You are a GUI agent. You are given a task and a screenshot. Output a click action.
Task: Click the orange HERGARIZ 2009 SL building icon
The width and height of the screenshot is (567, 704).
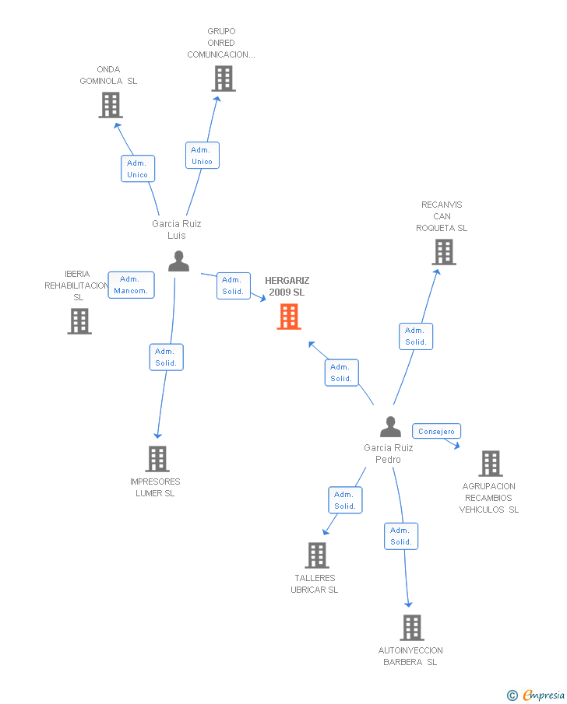click(x=289, y=317)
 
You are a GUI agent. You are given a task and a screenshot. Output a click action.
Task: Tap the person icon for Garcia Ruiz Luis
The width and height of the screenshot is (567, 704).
click(x=178, y=261)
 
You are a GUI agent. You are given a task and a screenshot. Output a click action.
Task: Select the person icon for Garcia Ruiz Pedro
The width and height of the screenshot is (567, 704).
click(x=390, y=427)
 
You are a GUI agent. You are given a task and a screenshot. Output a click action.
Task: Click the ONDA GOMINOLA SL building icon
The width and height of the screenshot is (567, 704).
click(x=111, y=105)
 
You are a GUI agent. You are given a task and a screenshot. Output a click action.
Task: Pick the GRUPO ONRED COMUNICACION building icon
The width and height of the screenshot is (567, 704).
click(x=223, y=79)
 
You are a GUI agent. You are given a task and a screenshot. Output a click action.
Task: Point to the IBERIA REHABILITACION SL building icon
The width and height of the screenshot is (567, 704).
click(x=79, y=321)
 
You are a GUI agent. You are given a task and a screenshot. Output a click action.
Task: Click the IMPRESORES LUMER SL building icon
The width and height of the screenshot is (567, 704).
click(x=157, y=459)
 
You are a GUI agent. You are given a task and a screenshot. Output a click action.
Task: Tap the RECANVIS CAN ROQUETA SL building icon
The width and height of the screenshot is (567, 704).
click(x=443, y=252)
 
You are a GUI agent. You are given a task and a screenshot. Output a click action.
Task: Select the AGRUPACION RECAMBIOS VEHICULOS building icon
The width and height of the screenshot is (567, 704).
click(x=490, y=464)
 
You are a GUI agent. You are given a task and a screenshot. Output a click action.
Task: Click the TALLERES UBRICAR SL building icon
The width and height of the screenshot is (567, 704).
click(x=316, y=555)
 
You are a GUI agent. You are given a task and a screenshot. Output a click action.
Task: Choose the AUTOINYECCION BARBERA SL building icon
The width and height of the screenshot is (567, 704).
click(x=411, y=628)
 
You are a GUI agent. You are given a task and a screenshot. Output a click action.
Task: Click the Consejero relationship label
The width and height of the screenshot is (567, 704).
click(x=436, y=431)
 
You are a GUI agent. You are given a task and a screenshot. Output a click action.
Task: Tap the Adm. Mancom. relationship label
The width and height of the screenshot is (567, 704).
click(x=131, y=285)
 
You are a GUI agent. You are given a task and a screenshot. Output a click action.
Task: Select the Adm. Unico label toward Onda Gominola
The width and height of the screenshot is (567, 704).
click(x=138, y=169)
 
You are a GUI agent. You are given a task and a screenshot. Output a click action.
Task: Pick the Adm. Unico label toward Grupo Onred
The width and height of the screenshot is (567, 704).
click(x=202, y=156)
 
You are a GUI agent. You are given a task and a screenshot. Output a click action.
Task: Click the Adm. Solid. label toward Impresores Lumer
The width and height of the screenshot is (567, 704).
click(x=166, y=357)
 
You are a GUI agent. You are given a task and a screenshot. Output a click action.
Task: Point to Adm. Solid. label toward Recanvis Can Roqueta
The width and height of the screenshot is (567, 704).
click(x=416, y=336)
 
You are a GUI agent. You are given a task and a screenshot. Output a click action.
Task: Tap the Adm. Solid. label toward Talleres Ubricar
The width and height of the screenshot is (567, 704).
click(x=345, y=500)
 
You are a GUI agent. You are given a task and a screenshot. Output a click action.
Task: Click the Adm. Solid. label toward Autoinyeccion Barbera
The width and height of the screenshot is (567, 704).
click(x=401, y=536)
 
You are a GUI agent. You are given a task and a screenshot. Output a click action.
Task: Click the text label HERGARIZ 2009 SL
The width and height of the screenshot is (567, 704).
click(x=287, y=286)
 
